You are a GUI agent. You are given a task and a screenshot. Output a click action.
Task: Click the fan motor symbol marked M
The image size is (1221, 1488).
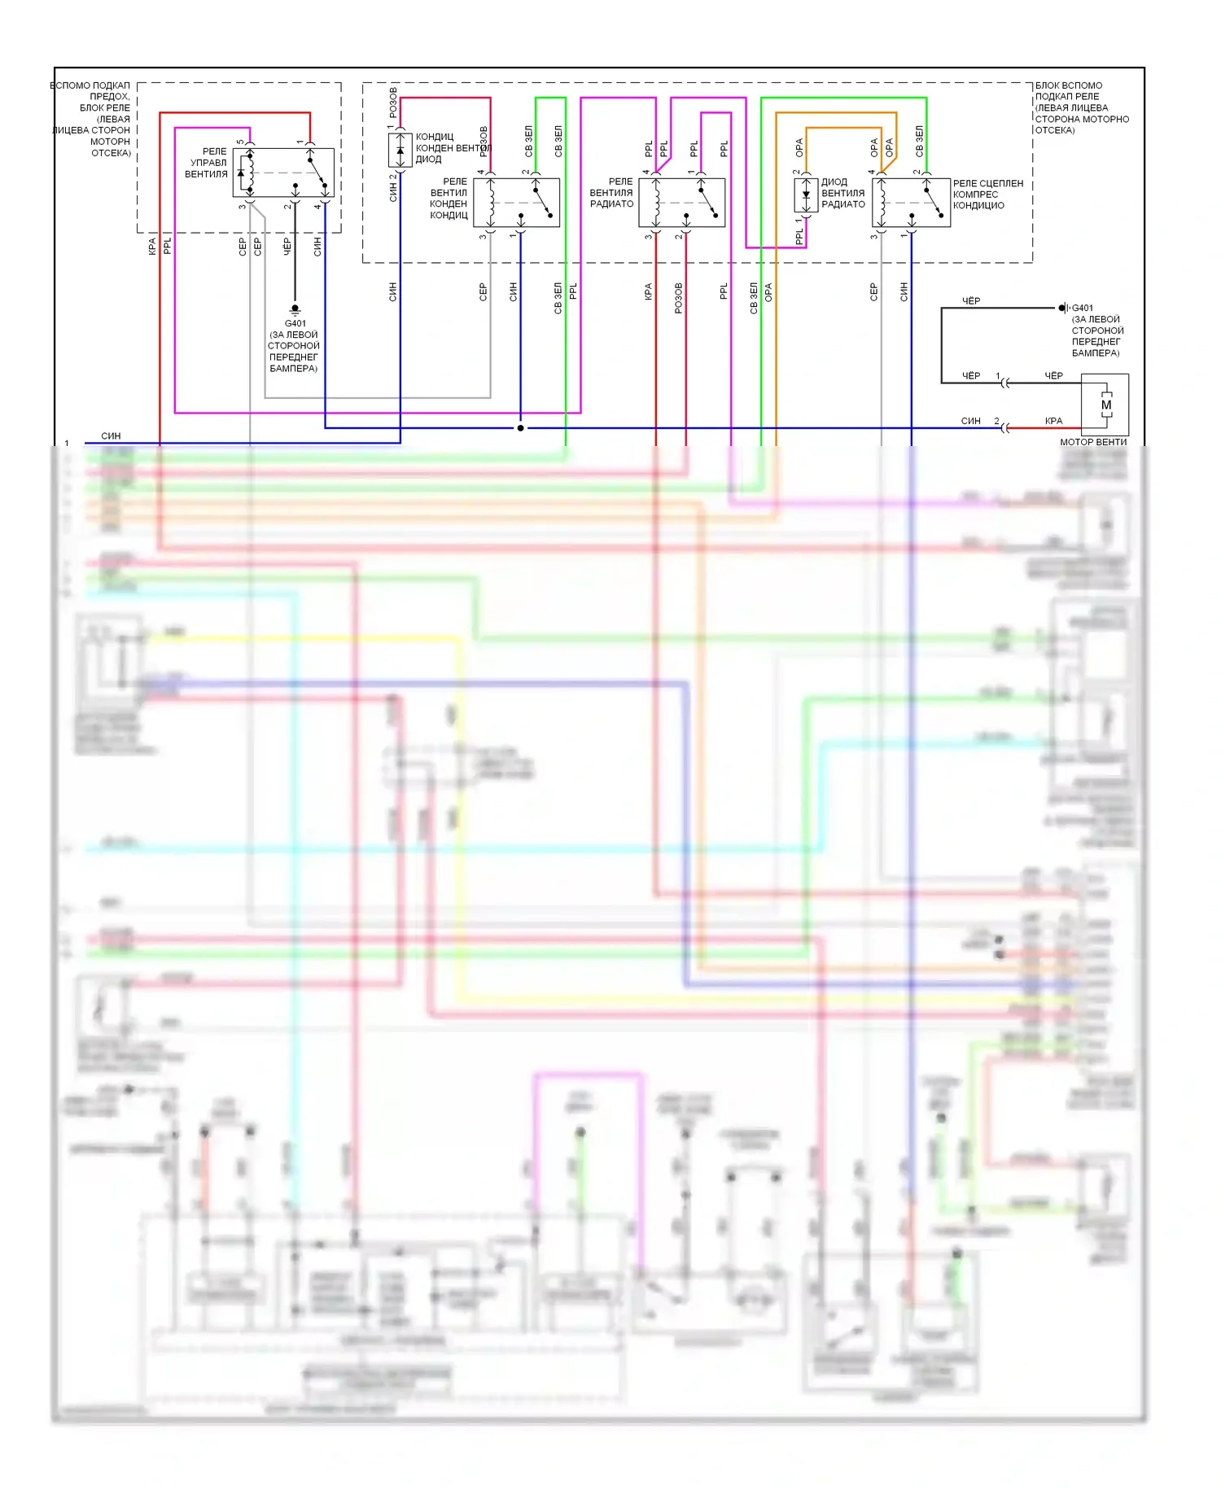(1105, 405)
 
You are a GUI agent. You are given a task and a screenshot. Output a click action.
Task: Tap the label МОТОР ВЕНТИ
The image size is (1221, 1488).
(1092, 442)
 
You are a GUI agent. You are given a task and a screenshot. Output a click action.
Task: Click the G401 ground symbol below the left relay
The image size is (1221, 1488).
(295, 310)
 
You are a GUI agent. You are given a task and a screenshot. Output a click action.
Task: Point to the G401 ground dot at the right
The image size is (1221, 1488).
(1062, 308)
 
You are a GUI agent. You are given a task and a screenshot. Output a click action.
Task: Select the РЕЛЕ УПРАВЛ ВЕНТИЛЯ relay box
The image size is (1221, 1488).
(283, 173)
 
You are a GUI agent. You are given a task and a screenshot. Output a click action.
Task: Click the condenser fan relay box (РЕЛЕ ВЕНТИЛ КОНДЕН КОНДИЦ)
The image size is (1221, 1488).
(516, 203)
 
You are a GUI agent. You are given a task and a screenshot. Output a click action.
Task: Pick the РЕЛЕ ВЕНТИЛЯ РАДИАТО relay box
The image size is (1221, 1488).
(681, 203)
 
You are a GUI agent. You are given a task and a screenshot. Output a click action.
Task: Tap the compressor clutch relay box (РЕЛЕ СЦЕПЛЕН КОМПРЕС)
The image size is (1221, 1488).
(910, 203)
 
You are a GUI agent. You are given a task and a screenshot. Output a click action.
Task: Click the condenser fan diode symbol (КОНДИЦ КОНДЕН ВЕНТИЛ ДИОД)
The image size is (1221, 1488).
(400, 151)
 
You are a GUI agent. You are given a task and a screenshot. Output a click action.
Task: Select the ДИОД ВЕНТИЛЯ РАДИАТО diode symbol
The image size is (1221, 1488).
(806, 195)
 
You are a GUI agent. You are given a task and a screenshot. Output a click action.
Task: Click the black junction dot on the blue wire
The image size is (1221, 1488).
(520, 428)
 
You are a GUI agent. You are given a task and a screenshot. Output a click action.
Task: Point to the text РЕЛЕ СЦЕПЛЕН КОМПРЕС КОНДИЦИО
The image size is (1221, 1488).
(987, 195)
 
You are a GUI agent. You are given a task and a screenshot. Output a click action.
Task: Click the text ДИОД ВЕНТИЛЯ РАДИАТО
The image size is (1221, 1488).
(842, 193)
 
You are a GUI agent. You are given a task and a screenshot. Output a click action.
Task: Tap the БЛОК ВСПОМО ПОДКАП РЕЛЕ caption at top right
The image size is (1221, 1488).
(1081, 107)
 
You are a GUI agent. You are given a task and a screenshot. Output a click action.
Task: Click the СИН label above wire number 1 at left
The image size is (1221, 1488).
(111, 436)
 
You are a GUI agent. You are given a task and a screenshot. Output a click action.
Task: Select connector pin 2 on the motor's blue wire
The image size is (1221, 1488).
(997, 422)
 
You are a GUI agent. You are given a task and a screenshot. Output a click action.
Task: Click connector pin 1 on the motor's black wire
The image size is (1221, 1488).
(998, 376)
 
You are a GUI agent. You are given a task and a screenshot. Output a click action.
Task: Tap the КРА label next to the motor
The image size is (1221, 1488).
(1053, 421)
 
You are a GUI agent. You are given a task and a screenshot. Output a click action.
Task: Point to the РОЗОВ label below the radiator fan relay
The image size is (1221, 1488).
(678, 299)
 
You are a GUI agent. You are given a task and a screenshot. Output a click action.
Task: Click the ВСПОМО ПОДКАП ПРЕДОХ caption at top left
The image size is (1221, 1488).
(92, 119)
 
